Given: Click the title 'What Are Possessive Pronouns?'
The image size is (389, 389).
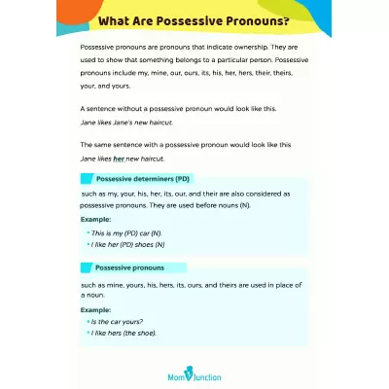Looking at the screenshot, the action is click(194, 21).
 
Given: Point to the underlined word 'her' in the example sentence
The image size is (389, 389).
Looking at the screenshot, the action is click(120, 159).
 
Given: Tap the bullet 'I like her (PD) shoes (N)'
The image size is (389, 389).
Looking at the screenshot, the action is click(126, 246).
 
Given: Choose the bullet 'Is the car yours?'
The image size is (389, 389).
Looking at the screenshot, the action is click(115, 321).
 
